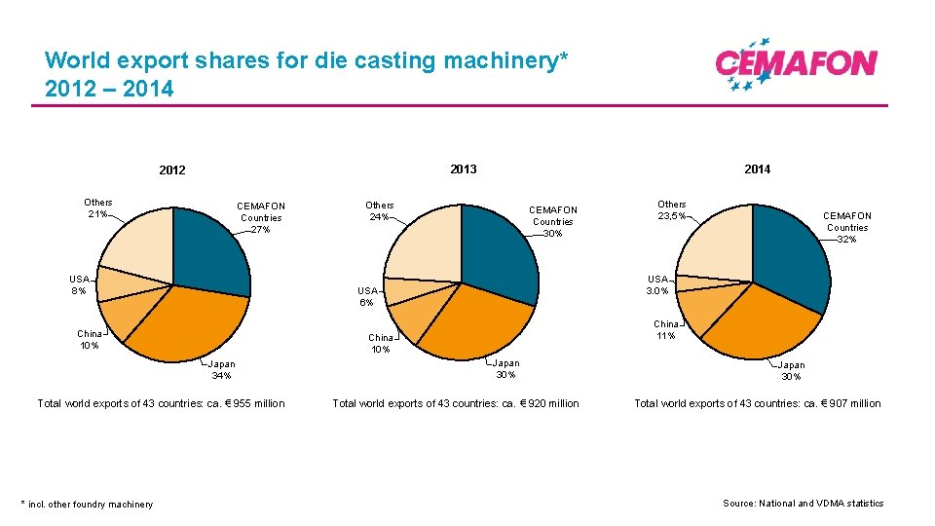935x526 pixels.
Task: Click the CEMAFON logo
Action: (x=796, y=64)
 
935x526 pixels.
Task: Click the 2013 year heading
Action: (x=464, y=169)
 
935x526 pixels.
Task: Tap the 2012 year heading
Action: (x=171, y=170)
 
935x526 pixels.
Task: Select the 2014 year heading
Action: (x=757, y=169)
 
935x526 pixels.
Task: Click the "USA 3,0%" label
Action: (x=657, y=284)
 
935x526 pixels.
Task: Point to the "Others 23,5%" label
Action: (x=671, y=210)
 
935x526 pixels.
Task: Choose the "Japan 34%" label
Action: (x=221, y=369)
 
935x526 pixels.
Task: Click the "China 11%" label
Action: (x=666, y=329)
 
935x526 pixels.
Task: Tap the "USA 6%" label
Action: (x=367, y=296)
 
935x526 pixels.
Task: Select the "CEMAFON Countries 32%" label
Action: (x=846, y=227)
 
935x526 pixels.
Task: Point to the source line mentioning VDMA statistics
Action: (x=803, y=504)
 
